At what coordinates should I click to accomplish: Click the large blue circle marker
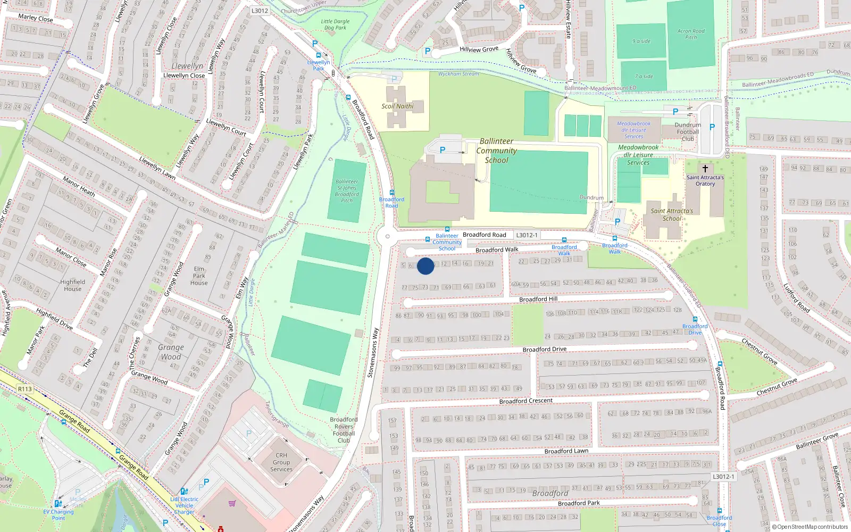click(x=425, y=266)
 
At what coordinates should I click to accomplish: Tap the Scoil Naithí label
click(x=397, y=106)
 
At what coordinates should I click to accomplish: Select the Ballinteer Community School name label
click(x=496, y=151)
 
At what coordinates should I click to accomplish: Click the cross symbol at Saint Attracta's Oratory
click(x=705, y=169)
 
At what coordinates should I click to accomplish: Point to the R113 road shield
click(x=25, y=389)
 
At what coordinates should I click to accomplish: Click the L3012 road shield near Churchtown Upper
click(x=260, y=11)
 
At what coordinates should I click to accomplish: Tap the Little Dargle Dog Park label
click(x=335, y=24)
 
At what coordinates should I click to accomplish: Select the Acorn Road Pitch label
click(x=691, y=34)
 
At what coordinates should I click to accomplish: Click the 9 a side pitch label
click(x=641, y=41)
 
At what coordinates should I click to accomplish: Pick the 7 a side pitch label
click(x=644, y=76)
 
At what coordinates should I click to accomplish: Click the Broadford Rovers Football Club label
click(x=344, y=430)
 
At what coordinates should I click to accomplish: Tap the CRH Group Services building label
click(x=281, y=462)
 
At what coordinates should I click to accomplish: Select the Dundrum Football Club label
click(x=688, y=132)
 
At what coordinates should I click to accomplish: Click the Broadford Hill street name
click(x=538, y=299)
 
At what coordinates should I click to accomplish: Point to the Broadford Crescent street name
click(x=525, y=401)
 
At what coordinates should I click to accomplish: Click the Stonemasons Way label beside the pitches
click(x=373, y=353)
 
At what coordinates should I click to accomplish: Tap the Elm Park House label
click(x=199, y=276)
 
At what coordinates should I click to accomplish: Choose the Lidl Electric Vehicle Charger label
click(x=184, y=505)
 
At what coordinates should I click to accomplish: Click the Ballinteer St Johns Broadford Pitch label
click(x=347, y=191)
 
